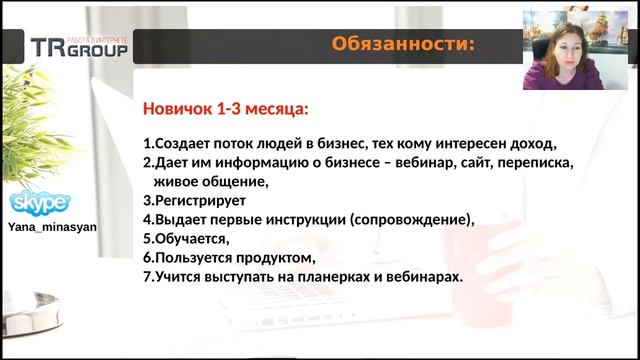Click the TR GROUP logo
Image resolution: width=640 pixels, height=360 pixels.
point(78,46)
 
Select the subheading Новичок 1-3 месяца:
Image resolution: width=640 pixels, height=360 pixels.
point(225,107)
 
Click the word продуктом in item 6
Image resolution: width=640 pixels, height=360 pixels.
point(264,257)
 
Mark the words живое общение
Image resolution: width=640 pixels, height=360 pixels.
point(210,181)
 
